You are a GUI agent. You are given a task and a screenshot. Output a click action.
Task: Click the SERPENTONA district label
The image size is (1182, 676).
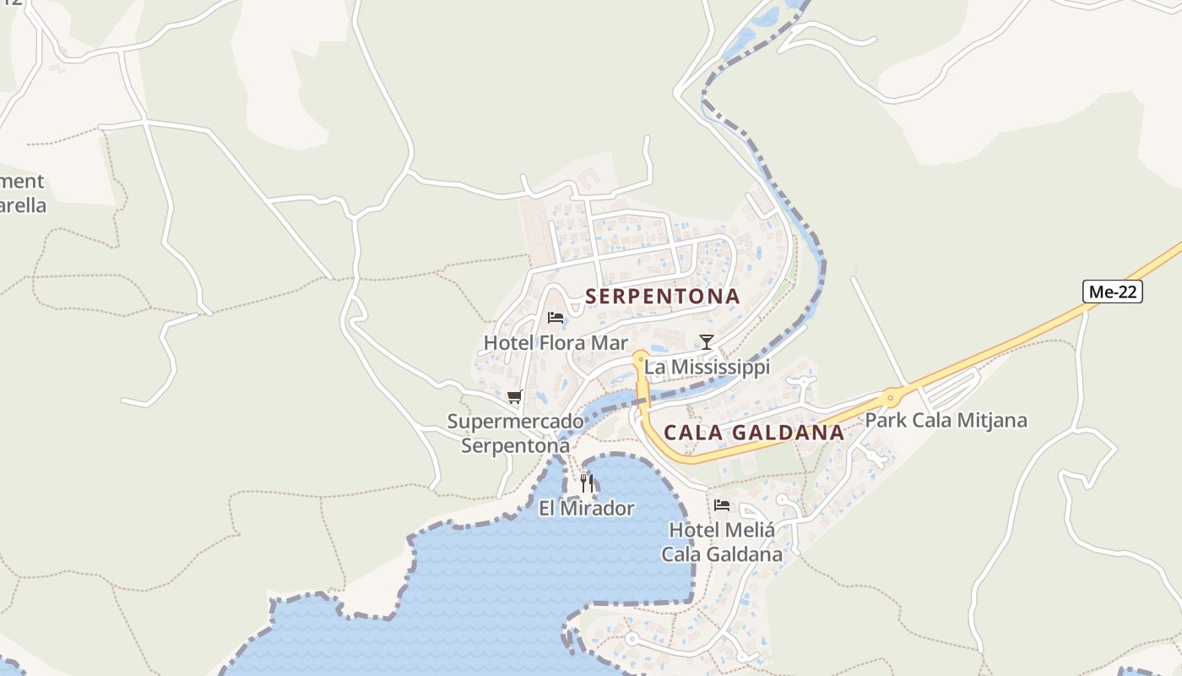point(663,297)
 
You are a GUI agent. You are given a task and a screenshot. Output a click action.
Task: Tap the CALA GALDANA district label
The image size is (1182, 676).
point(754,433)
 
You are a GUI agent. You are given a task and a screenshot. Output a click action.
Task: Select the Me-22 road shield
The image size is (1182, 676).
point(1113,292)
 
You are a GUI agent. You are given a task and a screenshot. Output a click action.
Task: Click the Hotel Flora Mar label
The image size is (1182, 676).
point(556,343)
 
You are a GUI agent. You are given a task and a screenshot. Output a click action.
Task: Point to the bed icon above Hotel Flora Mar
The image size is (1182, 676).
point(556,318)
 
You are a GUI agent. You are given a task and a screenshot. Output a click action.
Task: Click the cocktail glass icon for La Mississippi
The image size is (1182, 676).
point(707,341)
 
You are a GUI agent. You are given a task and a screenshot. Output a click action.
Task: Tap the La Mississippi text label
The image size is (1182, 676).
point(708,368)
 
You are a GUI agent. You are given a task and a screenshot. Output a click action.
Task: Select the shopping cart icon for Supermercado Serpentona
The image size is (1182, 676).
point(514,396)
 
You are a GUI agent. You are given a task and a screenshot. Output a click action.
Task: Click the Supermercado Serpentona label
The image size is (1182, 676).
point(515,433)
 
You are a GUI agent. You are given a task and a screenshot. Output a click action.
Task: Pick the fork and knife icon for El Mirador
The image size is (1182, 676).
point(587,482)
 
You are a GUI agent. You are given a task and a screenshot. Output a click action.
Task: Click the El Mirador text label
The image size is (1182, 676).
point(586,509)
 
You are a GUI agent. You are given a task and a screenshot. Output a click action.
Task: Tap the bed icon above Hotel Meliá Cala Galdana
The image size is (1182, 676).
point(722,505)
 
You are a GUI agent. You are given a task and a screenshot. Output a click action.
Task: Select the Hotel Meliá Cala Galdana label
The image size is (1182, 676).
point(722,542)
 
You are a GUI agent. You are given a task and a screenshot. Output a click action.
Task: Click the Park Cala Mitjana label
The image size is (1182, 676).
point(946,420)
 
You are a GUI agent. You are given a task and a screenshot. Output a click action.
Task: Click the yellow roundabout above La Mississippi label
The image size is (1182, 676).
point(640,357)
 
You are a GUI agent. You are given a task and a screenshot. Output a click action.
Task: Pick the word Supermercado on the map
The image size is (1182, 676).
point(515,422)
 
